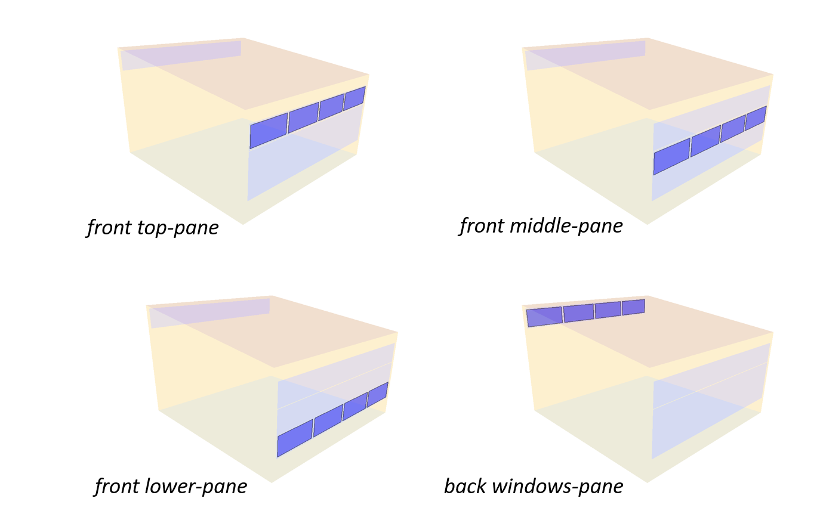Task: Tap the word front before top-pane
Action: (109, 227)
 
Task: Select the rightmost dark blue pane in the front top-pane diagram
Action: (354, 98)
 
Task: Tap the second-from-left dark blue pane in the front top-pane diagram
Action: (303, 117)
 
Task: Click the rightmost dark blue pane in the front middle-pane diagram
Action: (756, 118)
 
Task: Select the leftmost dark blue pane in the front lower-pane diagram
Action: (295, 437)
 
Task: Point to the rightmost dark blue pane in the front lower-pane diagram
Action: (377, 395)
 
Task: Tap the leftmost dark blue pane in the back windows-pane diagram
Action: (545, 317)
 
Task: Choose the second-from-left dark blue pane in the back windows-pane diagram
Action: (579, 312)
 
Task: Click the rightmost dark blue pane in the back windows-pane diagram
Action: (633, 307)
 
